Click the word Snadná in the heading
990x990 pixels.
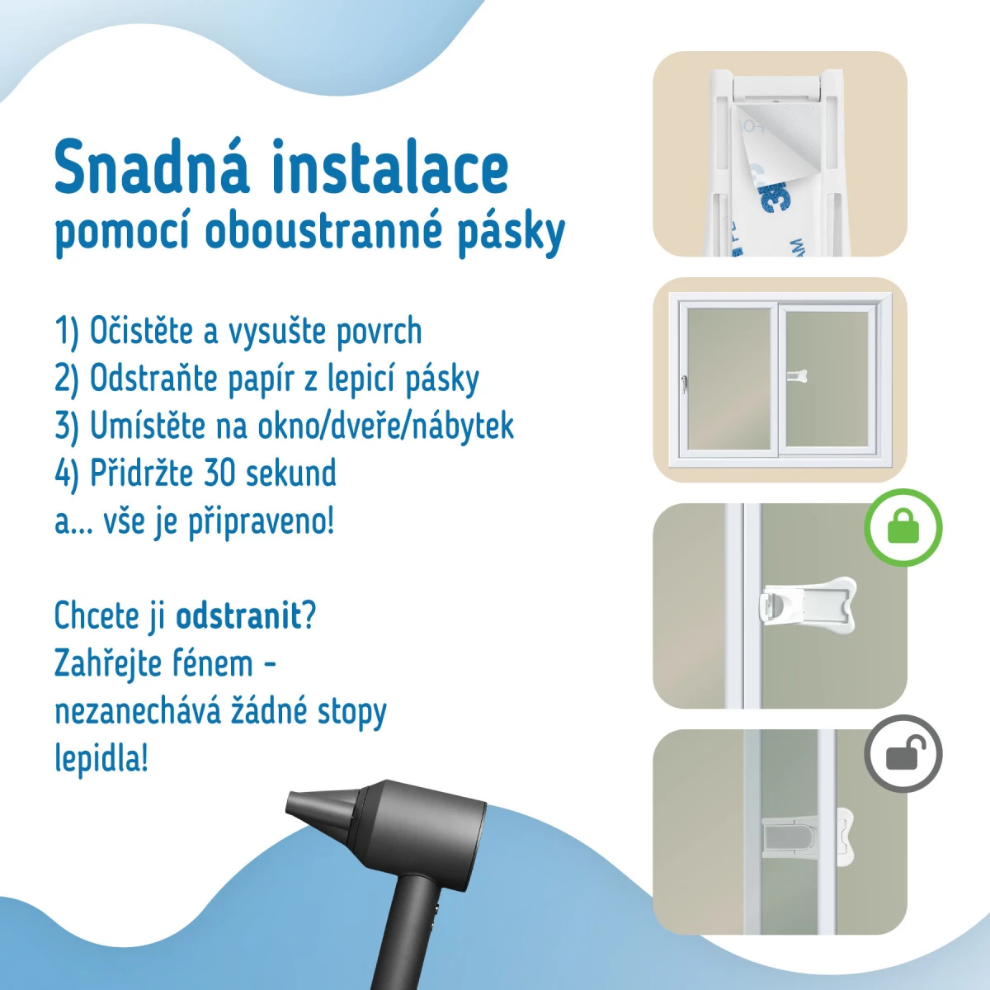[151, 166]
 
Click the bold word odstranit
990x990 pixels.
[238, 615]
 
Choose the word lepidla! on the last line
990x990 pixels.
[101, 758]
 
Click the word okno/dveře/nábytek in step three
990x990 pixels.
[385, 426]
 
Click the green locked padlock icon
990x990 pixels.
[903, 527]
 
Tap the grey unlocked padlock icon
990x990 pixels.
[903, 753]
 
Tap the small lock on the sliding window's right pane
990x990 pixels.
[797, 377]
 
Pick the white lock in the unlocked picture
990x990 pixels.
[808, 836]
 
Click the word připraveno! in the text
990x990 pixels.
[261, 522]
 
